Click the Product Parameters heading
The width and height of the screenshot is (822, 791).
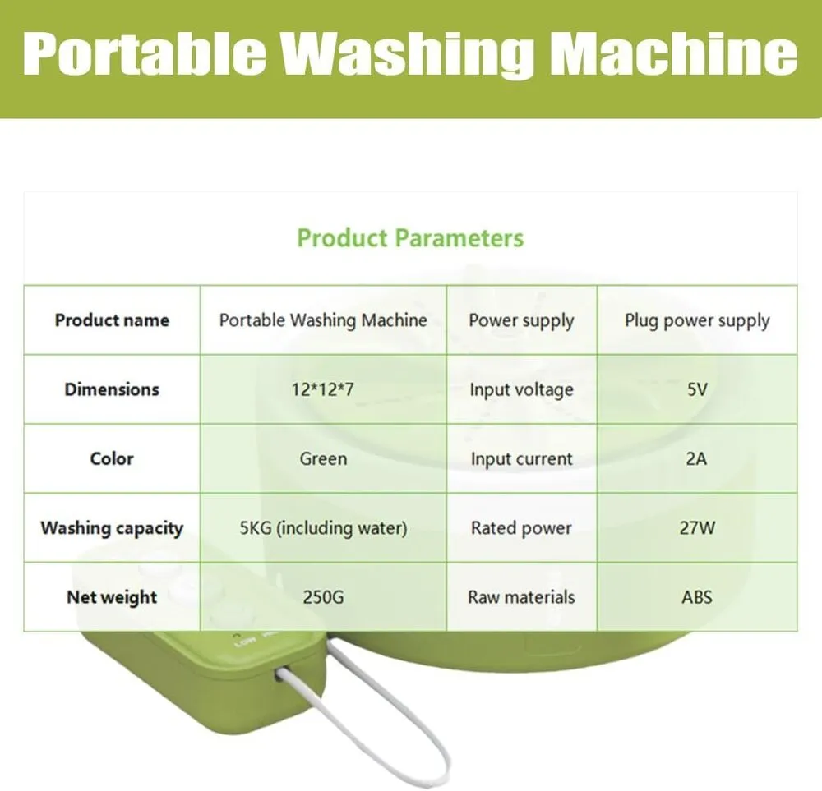coord(410,238)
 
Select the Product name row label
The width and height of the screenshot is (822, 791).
coord(112,320)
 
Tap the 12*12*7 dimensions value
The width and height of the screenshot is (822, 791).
coord(323,389)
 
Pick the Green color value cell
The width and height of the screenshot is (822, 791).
coord(323,458)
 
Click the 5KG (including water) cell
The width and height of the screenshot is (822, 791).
coord(323,527)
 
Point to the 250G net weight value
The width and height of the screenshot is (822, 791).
coord(323,596)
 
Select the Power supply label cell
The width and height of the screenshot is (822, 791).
coord(522,320)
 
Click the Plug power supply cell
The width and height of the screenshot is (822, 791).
coord(697,320)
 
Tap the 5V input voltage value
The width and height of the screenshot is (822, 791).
coord(697,389)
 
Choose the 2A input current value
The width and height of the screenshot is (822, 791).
coord(697,458)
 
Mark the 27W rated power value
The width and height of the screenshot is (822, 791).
coord(697,527)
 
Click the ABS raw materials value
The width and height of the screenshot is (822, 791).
coord(697,596)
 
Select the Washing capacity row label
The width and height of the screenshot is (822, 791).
coord(112,528)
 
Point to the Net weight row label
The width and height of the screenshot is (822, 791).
coord(112,597)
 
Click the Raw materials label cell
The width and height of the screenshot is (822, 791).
coord(522,596)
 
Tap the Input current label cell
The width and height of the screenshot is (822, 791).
coord(522,459)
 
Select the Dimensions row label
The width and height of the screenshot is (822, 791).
coord(112,389)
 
